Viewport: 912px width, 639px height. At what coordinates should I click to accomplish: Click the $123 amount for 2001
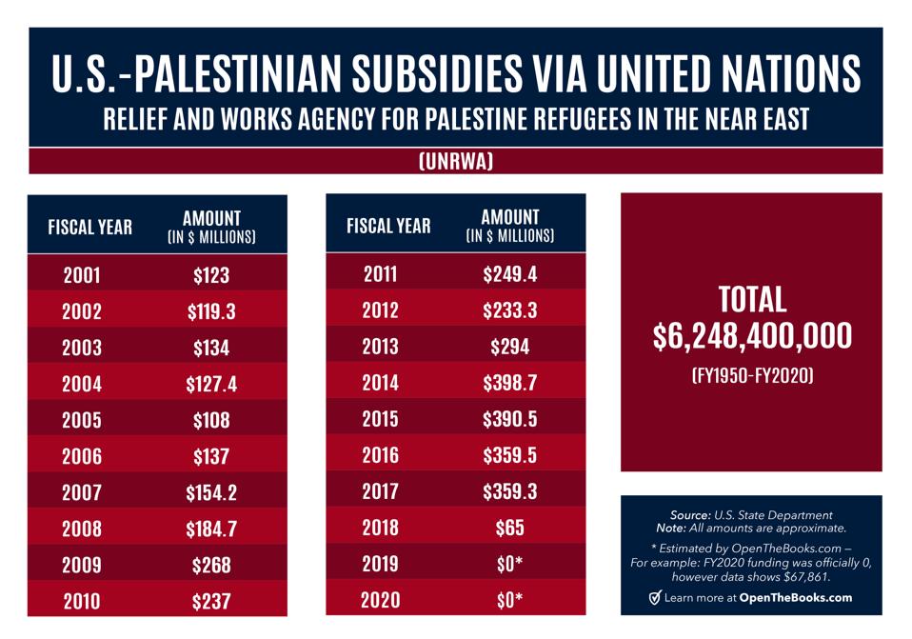[211, 276]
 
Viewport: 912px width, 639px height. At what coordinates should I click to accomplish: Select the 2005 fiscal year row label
[82, 420]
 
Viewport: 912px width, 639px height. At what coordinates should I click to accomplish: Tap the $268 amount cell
[211, 566]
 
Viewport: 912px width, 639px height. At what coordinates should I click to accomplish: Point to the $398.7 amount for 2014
[509, 383]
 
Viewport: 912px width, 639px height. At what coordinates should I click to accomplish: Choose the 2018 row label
[381, 528]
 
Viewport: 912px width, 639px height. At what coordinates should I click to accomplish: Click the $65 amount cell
[509, 528]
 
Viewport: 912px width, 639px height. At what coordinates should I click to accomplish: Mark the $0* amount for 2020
[509, 600]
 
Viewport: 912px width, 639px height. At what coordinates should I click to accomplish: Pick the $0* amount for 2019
[509, 564]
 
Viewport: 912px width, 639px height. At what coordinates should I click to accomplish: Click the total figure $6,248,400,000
[752, 336]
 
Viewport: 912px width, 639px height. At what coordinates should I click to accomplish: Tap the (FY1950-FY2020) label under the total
[752, 376]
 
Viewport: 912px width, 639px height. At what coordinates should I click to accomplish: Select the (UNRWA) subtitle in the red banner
[456, 162]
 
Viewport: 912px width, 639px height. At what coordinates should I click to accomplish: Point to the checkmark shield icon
[654, 598]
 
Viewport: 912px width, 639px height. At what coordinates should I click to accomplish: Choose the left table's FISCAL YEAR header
[90, 227]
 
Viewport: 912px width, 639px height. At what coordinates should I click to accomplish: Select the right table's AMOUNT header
[509, 217]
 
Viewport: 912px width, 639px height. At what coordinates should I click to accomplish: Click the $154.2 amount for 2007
[211, 493]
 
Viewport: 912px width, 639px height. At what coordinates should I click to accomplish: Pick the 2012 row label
[381, 310]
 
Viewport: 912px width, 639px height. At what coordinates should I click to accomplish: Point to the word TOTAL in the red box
[752, 300]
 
